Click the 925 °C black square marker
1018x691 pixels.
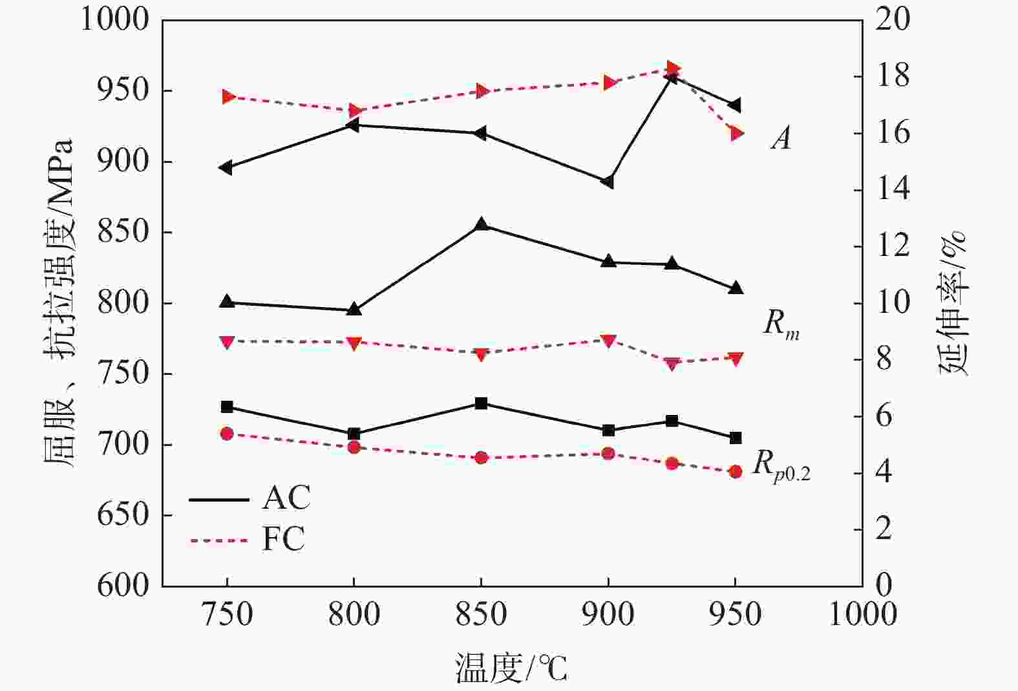(x=672, y=421)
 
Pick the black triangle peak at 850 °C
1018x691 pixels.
(x=481, y=225)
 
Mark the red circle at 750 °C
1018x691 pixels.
(x=227, y=434)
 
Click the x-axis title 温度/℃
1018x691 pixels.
(x=511, y=668)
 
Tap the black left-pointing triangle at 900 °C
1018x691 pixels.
(x=607, y=182)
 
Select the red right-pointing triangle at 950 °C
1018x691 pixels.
(x=736, y=134)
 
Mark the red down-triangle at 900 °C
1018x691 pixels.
(x=608, y=341)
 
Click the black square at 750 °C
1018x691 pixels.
(x=227, y=407)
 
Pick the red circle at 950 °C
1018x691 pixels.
(x=735, y=472)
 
